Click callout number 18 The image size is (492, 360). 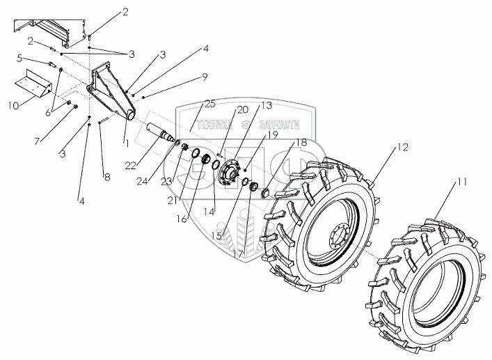pyautogui.click(x=301, y=143)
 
